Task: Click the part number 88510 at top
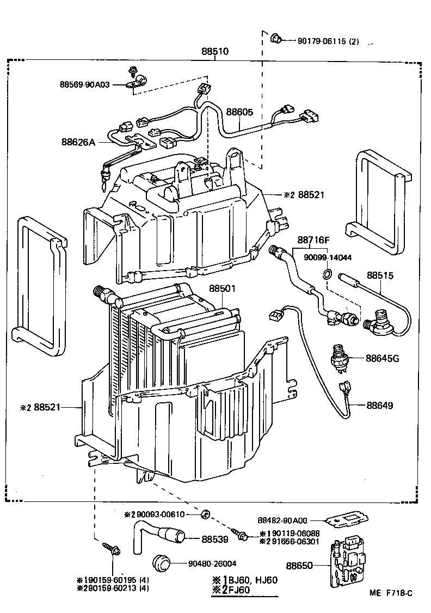[x=215, y=52]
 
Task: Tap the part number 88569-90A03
[x=84, y=84]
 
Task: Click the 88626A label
[x=78, y=143]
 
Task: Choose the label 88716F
[x=314, y=240]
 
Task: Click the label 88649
[x=379, y=406]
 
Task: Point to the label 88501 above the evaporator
[x=223, y=289]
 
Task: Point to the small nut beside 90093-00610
[x=206, y=514]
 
